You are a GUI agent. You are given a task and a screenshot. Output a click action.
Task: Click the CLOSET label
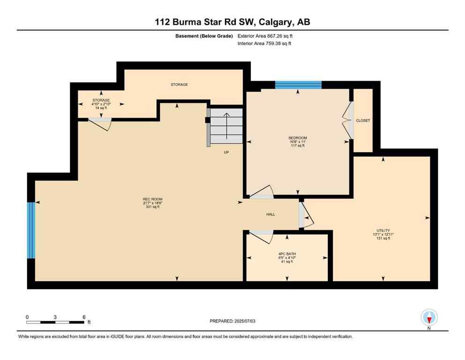click(363, 120)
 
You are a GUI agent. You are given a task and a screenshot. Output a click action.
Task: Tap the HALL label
click(271, 214)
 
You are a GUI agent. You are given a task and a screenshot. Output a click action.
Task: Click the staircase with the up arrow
click(227, 127)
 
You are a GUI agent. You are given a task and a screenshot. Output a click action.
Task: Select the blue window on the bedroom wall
click(298, 85)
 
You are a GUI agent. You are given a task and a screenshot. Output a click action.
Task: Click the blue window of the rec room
click(31, 230)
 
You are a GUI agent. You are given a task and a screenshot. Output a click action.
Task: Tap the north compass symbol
click(429, 318)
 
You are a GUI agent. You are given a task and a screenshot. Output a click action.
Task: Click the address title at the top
click(233, 22)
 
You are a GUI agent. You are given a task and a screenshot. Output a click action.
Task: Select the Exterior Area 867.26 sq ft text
click(267, 36)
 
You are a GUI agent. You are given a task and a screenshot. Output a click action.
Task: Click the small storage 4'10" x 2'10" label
click(100, 104)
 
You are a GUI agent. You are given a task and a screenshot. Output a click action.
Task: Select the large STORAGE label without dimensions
click(179, 84)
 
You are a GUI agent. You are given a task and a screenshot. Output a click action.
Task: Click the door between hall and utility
click(306, 216)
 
